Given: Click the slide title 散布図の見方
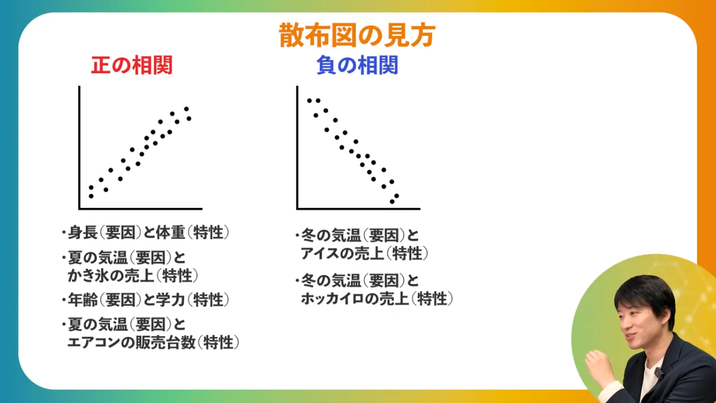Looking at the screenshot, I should [357, 35].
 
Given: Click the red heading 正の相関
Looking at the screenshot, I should [131, 65].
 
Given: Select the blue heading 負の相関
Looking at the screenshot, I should [357, 65].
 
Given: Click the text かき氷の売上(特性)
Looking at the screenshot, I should [133, 275].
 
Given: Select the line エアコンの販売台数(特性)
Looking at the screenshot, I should [153, 342].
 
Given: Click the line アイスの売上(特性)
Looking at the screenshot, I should [364, 253].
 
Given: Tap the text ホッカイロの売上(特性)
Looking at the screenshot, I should [377, 299].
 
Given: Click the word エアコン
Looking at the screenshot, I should [92, 342].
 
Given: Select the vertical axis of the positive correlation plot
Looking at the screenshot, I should [79, 147].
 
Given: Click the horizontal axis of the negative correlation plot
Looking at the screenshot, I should [358, 209].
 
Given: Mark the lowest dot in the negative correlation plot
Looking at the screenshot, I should [392, 201].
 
